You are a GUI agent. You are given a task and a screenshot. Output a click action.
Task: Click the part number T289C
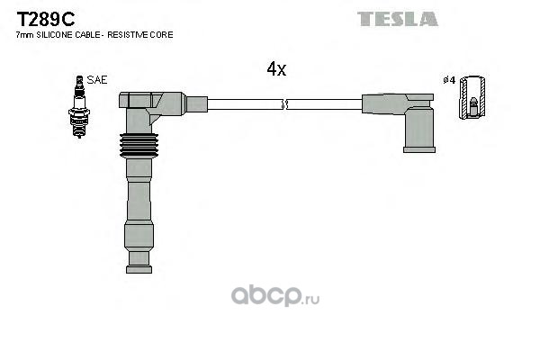point(46,19)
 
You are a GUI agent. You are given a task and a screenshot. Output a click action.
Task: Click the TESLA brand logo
point(398,19)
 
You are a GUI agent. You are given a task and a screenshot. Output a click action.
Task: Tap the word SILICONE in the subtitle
point(55,35)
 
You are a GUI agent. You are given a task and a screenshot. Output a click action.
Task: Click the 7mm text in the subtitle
point(25,35)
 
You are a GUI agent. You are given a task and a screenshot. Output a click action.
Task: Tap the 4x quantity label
point(276,69)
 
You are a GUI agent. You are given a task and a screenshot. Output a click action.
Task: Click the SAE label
point(97,80)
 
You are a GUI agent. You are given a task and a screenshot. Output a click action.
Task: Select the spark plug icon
point(79,107)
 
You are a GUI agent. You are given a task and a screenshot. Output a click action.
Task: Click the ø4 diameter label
point(449,80)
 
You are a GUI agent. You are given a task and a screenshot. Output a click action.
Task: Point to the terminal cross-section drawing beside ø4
point(472,97)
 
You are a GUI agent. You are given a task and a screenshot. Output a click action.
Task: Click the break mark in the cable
point(284,104)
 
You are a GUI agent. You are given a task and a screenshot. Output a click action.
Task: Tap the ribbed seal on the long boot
point(139,146)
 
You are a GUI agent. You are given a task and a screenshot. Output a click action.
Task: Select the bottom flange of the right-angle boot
point(419,149)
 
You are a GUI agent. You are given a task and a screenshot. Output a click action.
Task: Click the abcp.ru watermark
point(275,296)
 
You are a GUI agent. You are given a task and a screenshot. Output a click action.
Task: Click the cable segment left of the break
point(245,104)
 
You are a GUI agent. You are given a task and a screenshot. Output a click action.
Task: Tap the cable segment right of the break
point(324,104)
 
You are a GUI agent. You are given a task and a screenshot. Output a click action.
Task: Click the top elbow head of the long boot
point(152,102)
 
